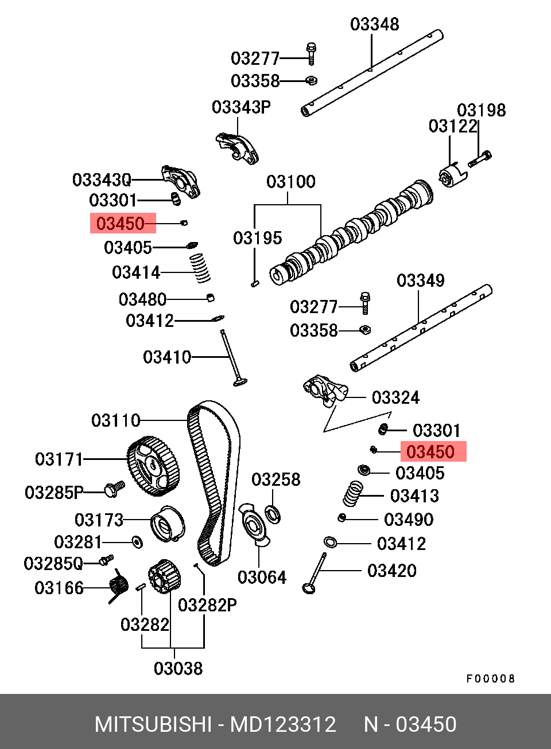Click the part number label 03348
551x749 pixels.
(374, 25)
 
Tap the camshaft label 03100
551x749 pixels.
(291, 182)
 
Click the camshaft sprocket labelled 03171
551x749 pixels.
(153, 466)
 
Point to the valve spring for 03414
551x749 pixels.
(200, 268)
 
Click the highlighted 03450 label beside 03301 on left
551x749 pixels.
(121, 223)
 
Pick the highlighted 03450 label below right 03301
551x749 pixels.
(430, 452)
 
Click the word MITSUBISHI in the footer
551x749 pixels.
(153, 724)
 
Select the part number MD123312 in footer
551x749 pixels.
(283, 724)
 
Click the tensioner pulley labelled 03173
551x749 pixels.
(168, 524)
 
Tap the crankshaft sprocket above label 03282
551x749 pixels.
(165, 577)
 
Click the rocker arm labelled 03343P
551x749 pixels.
(237, 148)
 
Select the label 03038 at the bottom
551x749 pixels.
(179, 668)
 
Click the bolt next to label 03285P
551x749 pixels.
(114, 490)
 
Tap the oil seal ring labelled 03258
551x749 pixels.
(273, 515)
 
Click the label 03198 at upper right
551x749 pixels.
(482, 110)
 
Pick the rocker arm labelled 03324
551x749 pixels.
(325, 390)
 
